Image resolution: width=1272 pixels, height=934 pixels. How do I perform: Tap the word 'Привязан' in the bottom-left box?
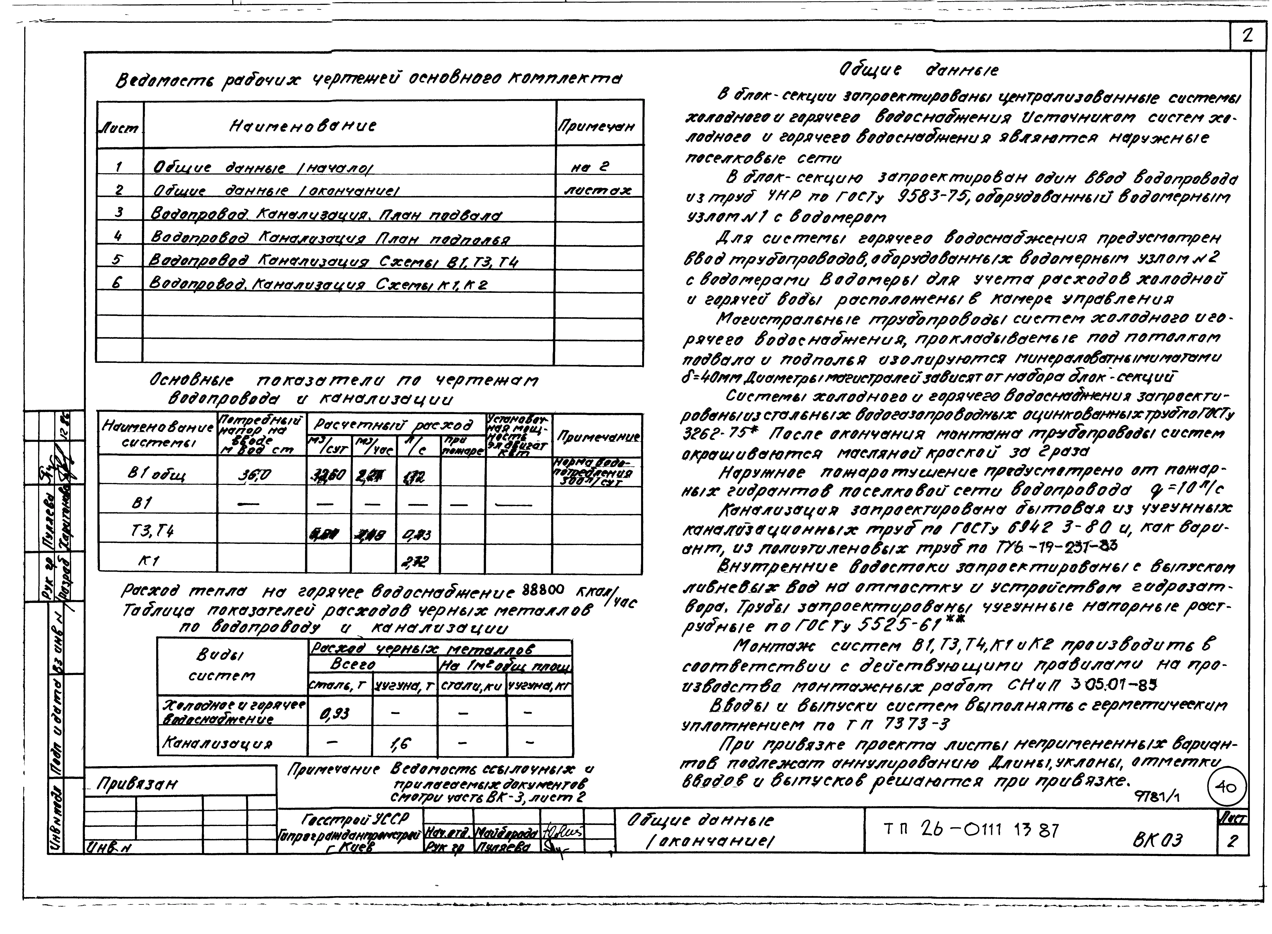point(137,785)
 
